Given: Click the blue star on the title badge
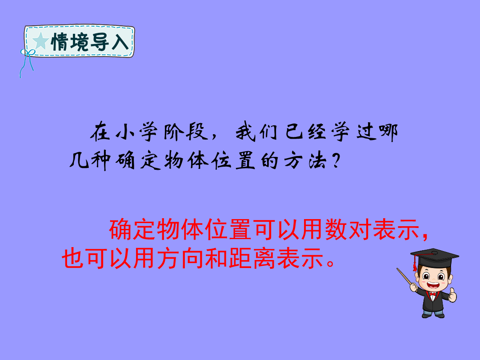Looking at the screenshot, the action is [40, 41].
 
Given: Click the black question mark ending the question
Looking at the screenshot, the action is [336, 161].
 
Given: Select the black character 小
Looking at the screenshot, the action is [125, 132].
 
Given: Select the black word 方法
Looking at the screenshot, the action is [305, 160].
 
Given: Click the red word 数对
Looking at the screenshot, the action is [348, 230].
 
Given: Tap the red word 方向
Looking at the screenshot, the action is [180, 258].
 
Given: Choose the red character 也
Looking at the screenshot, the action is [73, 258].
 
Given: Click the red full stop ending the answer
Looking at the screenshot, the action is [330, 263].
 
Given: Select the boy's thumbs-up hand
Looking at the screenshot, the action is [452, 295].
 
